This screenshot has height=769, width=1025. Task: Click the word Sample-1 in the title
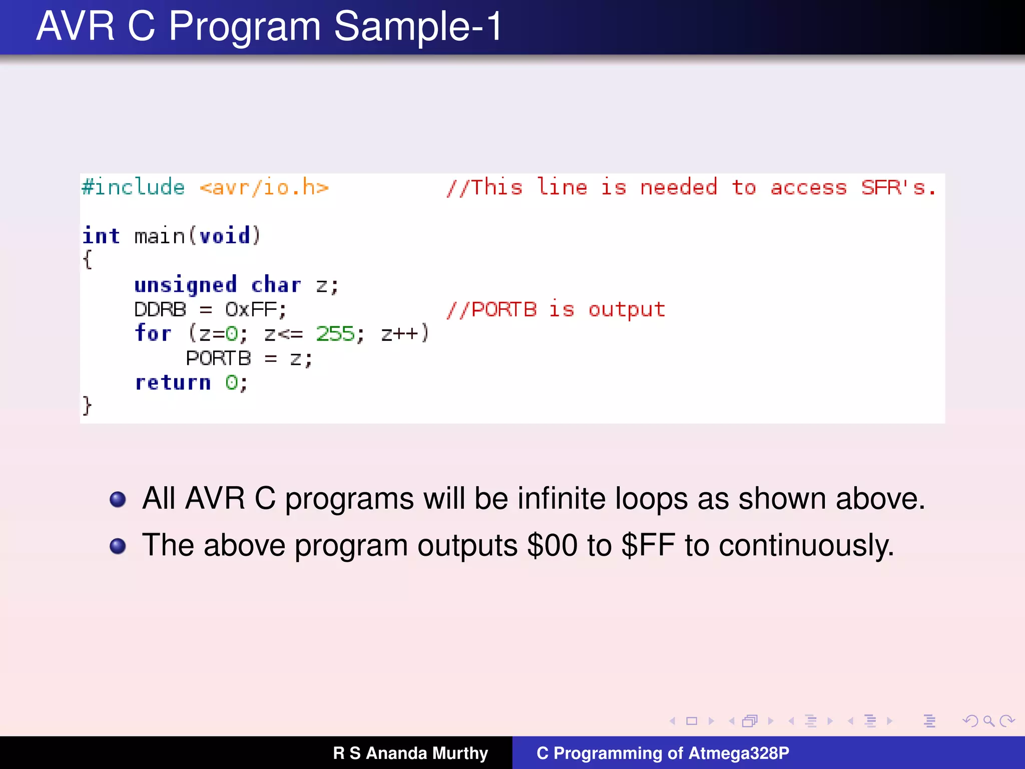tap(418, 26)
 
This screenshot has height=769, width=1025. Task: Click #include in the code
tap(133, 187)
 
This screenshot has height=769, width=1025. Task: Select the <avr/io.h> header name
tap(264, 188)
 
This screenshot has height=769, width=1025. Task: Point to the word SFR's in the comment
tap(898, 188)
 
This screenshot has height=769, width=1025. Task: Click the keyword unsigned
tap(185, 285)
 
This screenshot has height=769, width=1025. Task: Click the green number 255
tap(335, 333)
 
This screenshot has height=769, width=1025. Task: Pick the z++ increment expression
tap(399, 333)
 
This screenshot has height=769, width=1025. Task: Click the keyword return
tap(173, 382)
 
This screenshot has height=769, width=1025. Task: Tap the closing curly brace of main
tap(87, 406)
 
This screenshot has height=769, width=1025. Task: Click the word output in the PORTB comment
tap(626, 309)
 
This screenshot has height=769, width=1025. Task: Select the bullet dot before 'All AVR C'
tap(118, 499)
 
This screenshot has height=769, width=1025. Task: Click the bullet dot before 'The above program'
tap(118, 546)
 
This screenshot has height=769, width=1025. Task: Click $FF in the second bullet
tap(648, 545)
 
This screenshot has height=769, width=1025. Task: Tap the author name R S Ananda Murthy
tap(410, 753)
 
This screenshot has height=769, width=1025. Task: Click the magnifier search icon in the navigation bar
tap(988, 721)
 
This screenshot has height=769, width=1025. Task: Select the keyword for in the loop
tap(153, 333)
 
